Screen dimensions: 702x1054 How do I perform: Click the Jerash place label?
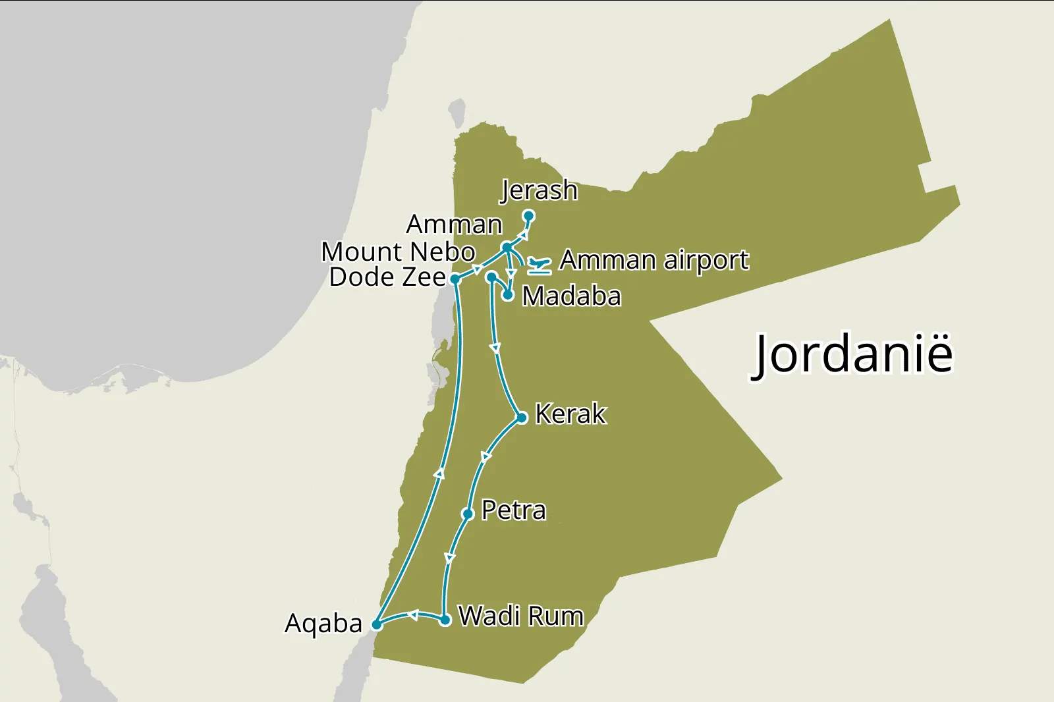(539, 190)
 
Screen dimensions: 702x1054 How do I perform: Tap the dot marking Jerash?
(528, 215)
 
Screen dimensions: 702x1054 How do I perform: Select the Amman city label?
(454, 225)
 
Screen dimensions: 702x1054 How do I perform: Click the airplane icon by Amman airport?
(539, 266)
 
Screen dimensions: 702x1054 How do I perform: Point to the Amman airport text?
(654, 260)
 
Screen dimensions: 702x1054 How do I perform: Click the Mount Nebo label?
(398, 252)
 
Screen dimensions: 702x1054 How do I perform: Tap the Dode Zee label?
(387, 277)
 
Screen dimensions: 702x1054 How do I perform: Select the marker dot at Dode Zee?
(455, 279)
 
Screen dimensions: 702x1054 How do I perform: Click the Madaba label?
(571, 296)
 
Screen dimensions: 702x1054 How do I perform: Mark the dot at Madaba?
(508, 296)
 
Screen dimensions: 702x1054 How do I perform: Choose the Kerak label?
(570, 414)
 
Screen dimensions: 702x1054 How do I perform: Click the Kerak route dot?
(522, 418)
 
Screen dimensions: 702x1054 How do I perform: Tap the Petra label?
(513, 510)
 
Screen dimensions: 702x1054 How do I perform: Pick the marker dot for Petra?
(468, 514)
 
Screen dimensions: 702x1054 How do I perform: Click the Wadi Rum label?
(520, 616)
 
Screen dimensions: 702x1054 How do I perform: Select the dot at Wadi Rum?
(445, 620)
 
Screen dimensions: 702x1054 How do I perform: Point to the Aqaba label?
(323, 623)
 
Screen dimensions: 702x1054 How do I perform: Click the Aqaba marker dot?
(377, 624)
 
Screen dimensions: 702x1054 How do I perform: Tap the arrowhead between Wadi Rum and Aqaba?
(412, 615)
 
